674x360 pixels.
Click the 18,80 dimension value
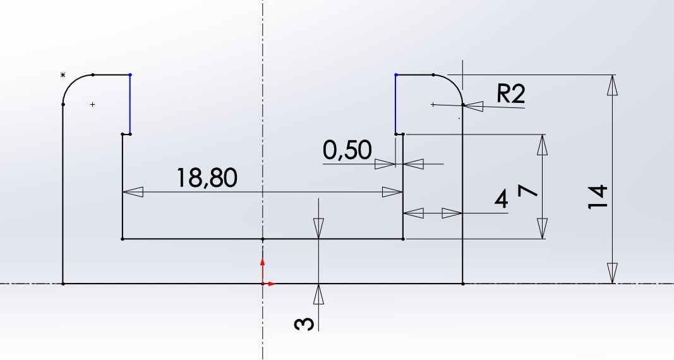(x=207, y=178)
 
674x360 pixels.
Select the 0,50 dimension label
(x=347, y=150)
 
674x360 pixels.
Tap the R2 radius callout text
(x=510, y=93)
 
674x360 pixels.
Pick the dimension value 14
(x=598, y=197)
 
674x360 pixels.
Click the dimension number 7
(x=528, y=190)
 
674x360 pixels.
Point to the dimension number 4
(x=502, y=200)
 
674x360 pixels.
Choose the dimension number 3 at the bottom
(x=304, y=324)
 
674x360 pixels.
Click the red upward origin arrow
(x=263, y=271)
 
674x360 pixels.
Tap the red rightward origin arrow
(x=269, y=284)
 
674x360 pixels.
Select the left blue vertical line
(x=130, y=104)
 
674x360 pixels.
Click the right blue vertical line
(x=395, y=104)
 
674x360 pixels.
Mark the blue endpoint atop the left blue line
(x=130, y=75)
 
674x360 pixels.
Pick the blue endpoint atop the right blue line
(x=396, y=75)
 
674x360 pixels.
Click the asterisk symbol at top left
(x=63, y=75)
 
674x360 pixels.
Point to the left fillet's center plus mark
(x=92, y=104)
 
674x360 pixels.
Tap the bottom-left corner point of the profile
(x=63, y=284)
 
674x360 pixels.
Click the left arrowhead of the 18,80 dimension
(x=133, y=192)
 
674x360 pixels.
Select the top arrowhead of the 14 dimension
(x=613, y=85)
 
